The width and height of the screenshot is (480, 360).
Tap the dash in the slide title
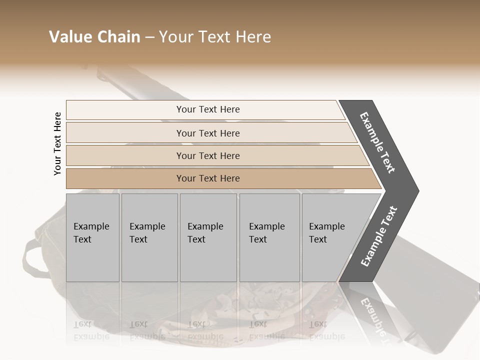149,37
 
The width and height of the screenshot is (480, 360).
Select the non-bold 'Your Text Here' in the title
215,37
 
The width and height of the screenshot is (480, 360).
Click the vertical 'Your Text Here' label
57,143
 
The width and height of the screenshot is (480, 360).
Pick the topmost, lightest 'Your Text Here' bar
208,109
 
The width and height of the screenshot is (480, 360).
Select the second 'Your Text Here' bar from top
208,133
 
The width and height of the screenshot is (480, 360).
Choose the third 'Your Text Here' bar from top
208,155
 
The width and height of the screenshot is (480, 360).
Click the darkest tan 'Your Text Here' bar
208,178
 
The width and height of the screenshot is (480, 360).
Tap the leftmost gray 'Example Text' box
92,237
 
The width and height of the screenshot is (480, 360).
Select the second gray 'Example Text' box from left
149,237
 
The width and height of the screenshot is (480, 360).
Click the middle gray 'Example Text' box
208,237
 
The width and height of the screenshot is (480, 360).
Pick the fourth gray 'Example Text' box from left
269,237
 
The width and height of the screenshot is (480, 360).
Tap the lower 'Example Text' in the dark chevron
379,236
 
